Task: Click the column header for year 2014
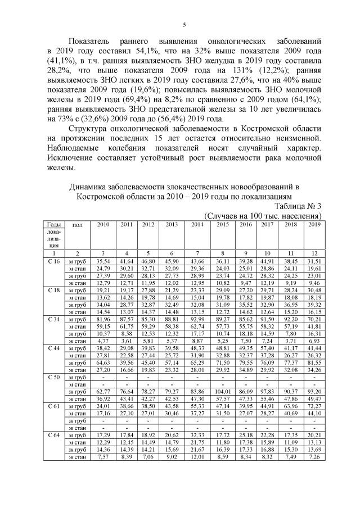(197, 225)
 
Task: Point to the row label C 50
(53, 378)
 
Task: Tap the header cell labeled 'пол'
(78, 225)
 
